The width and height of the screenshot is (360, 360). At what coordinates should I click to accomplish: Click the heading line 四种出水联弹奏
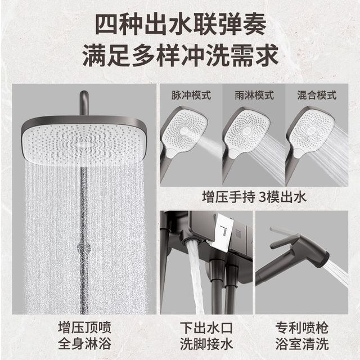[x=181, y=25]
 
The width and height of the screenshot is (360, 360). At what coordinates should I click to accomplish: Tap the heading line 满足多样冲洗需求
[x=181, y=56]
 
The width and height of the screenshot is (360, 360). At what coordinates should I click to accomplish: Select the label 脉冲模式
[x=191, y=95]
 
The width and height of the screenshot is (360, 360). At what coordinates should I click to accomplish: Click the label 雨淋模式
[x=254, y=95]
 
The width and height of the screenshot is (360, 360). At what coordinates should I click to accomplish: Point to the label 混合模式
[x=317, y=95]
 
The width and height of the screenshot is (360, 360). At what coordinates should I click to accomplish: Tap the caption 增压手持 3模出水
[x=254, y=197]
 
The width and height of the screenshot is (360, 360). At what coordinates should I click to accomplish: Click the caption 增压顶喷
[x=85, y=327]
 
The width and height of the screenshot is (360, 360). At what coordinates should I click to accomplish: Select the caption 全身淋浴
[x=85, y=344]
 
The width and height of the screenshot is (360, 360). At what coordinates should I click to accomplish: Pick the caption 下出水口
[x=206, y=327]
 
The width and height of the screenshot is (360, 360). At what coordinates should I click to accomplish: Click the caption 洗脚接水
[x=206, y=344]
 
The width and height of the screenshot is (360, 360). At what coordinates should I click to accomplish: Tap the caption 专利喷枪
[x=302, y=327]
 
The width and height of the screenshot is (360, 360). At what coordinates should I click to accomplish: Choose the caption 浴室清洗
[x=302, y=344]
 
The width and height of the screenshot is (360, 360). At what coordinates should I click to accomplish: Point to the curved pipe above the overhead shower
[x=84, y=102]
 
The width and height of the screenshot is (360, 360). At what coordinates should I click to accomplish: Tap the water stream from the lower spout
[x=195, y=276]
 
